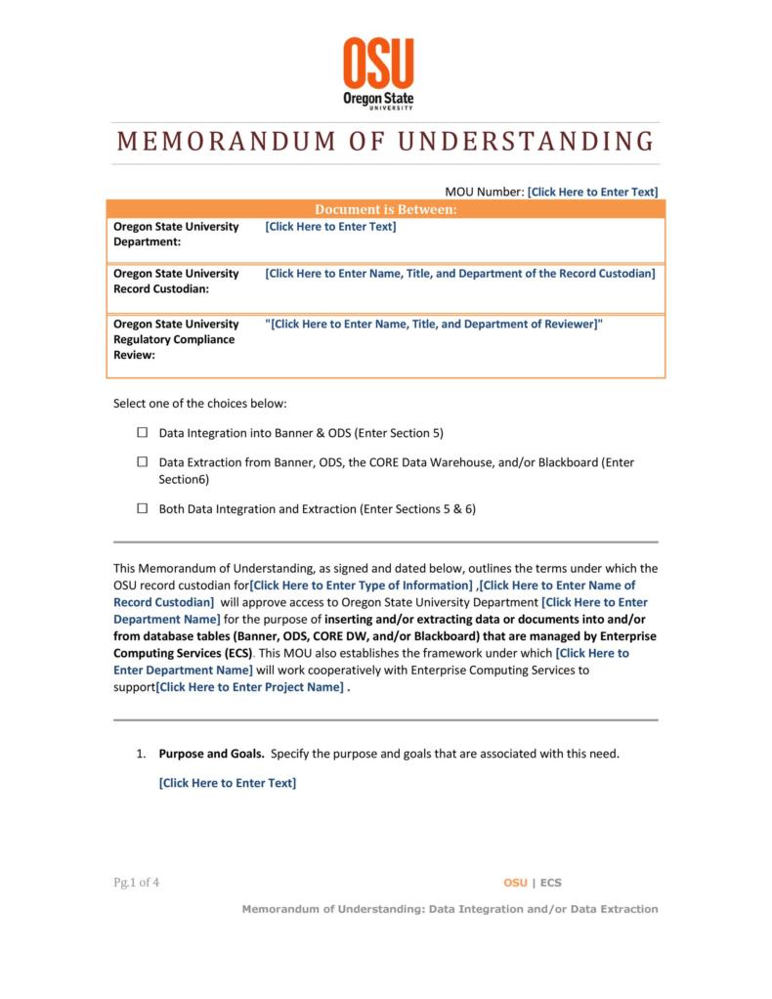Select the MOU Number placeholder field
[x=592, y=192]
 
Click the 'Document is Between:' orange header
[x=385, y=209]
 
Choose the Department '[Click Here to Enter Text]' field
[x=330, y=227]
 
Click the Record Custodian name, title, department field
[x=459, y=274]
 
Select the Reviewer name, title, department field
[x=434, y=324]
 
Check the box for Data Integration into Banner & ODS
[x=143, y=432]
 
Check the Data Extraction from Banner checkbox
[x=143, y=461]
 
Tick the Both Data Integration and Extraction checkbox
[x=143, y=508]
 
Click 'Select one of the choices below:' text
[x=200, y=404]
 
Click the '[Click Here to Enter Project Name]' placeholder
[x=251, y=687]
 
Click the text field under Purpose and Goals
[x=227, y=783]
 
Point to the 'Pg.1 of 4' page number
[x=136, y=883]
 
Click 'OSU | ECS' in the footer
[x=533, y=883]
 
